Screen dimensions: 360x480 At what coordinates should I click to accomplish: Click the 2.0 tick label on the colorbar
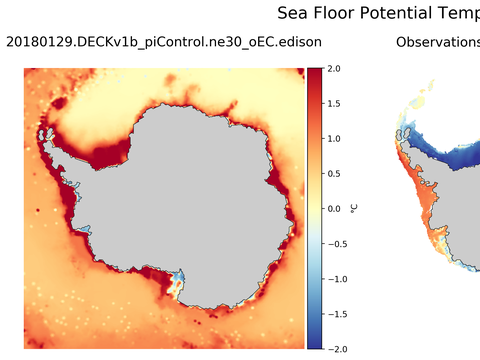[x=334, y=69]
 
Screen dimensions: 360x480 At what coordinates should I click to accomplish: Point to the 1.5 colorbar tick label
[x=334, y=104]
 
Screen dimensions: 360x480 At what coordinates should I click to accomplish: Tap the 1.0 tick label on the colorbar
[x=334, y=139]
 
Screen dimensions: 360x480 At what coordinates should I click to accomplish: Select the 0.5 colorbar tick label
[x=334, y=174]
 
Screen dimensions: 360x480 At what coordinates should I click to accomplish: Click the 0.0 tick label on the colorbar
[x=334, y=209]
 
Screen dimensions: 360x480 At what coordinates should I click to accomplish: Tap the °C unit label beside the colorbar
[x=354, y=209]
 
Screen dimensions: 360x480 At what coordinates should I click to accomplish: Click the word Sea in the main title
[x=292, y=13]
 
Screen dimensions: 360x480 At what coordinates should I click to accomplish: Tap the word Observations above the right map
[x=438, y=43]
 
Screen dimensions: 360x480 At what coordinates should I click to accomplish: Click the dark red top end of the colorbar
[x=314, y=72]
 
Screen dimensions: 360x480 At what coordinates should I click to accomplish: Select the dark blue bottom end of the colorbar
[x=314, y=345]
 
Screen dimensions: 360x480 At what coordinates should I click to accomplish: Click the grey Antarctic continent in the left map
[x=180, y=190]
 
